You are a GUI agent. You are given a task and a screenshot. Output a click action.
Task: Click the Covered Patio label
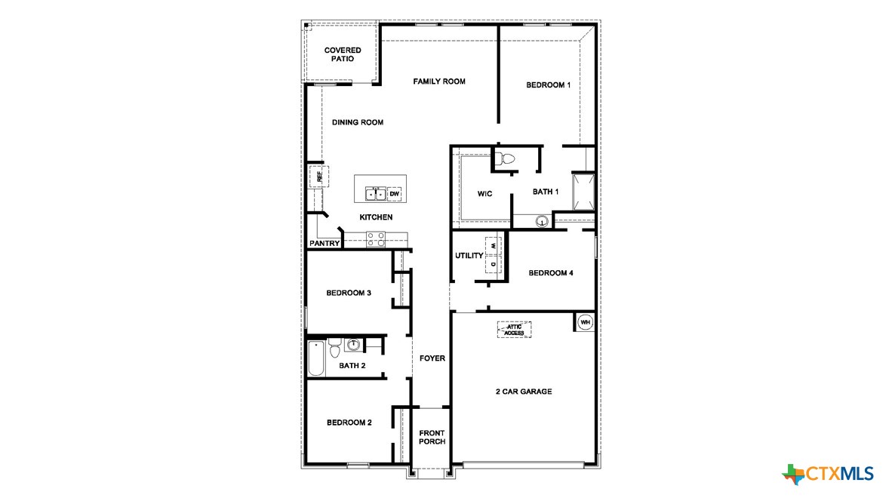coord(343,54)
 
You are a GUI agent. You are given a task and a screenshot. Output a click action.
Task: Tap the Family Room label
coord(439,81)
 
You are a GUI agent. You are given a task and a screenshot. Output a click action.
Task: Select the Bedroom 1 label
coord(548,85)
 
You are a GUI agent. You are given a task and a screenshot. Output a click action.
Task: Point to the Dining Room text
coord(358,122)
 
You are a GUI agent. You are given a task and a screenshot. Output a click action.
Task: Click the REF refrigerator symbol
coord(318,177)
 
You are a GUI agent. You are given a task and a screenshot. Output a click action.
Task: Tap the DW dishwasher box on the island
coord(395,194)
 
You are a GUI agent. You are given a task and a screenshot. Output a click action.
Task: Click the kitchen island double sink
coord(375,194)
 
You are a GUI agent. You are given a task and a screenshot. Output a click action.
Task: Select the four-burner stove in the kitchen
coord(375,239)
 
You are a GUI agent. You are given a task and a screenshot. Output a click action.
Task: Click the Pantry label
coord(324,244)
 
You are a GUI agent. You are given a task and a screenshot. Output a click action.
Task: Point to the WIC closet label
coord(484,194)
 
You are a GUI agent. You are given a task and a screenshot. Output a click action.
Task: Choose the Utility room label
coord(469,256)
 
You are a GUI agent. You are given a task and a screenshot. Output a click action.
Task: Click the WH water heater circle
coord(585,322)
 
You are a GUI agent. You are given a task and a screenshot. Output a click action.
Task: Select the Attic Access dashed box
coord(514,330)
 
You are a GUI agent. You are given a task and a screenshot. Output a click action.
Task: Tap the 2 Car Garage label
coord(523,392)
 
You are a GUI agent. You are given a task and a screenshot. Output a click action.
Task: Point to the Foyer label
coord(432,358)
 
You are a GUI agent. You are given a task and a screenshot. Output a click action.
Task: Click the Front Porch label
coord(432,437)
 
